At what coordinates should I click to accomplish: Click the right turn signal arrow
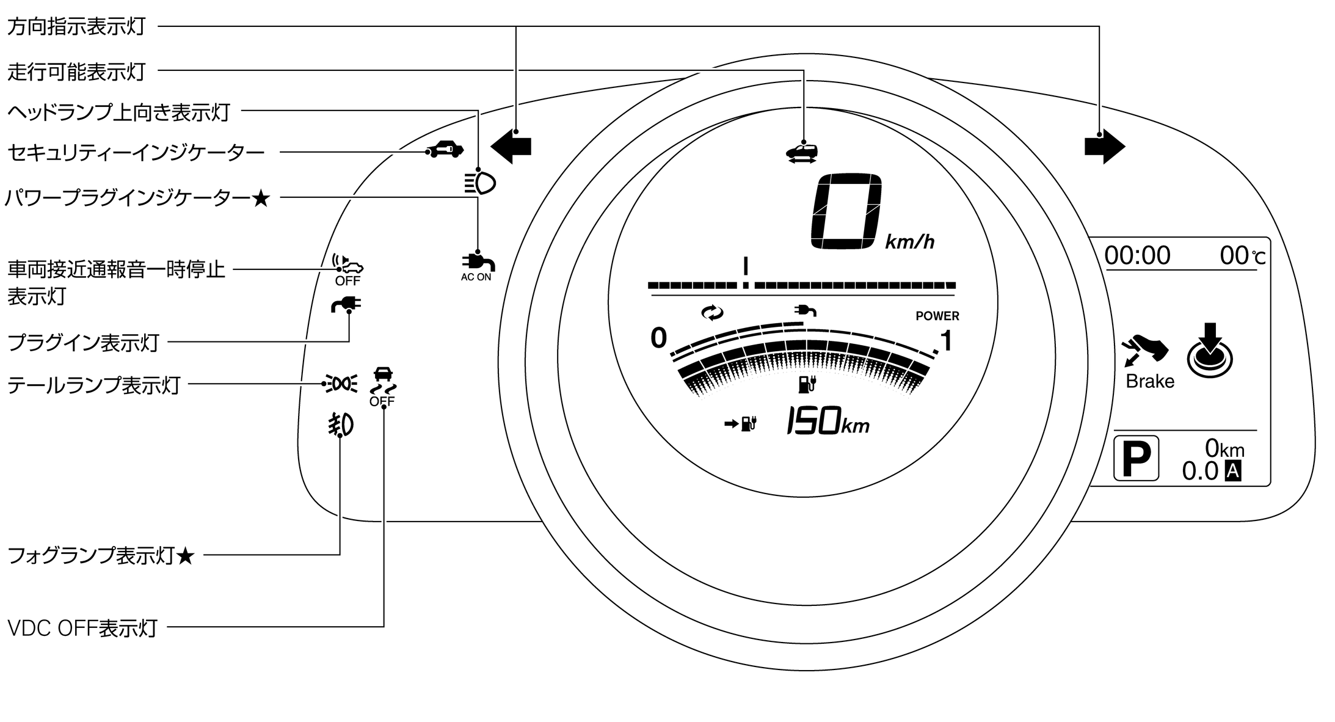(x=1105, y=147)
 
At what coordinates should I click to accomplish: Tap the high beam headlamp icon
(x=480, y=183)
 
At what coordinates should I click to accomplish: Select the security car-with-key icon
(x=445, y=149)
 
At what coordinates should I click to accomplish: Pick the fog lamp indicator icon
(x=340, y=425)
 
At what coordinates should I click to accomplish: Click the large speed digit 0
(x=846, y=211)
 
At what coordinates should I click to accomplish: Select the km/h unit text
(x=909, y=242)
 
